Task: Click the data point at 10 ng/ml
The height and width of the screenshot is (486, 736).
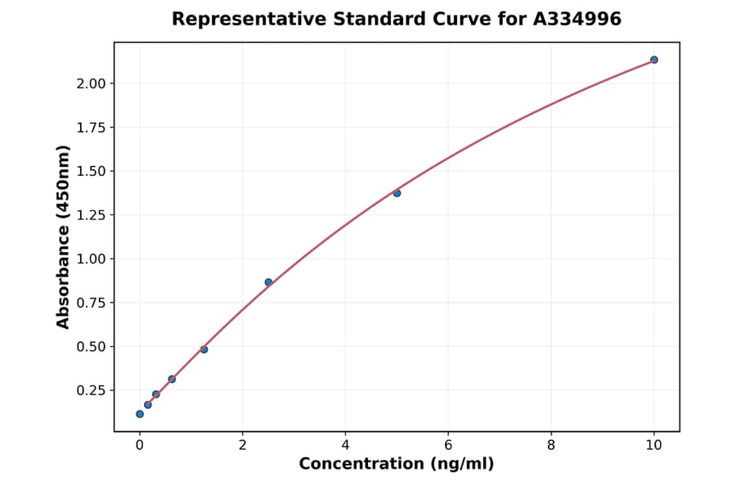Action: (653, 60)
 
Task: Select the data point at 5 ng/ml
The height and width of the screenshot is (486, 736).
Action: (397, 193)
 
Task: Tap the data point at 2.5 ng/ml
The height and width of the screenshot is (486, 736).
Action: (268, 282)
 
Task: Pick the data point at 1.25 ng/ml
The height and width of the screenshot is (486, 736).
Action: (204, 349)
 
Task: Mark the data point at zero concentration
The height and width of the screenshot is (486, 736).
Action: (140, 414)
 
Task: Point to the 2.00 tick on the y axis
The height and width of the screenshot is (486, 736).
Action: (91, 83)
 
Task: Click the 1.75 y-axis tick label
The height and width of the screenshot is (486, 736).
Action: (91, 128)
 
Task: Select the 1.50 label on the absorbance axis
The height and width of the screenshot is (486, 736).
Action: (91, 171)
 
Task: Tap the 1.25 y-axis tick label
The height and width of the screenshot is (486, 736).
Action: (91, 215)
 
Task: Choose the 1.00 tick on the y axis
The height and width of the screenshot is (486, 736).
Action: (91, 259)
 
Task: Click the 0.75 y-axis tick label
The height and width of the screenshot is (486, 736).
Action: (91, 303)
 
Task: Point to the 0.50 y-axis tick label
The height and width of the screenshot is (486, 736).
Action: (91, 346)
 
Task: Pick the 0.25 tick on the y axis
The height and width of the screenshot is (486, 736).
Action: (91, 390)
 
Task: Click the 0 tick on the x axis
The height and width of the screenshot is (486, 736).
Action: (140, 444)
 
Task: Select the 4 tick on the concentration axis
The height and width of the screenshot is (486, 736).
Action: (345, 444)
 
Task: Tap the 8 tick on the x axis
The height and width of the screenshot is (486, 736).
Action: (551, 444)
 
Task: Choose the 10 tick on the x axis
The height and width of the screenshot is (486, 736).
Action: (653, 444)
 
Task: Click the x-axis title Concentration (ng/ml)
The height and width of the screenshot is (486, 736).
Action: (397, 464)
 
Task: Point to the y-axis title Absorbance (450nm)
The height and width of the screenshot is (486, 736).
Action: (63, 237)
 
